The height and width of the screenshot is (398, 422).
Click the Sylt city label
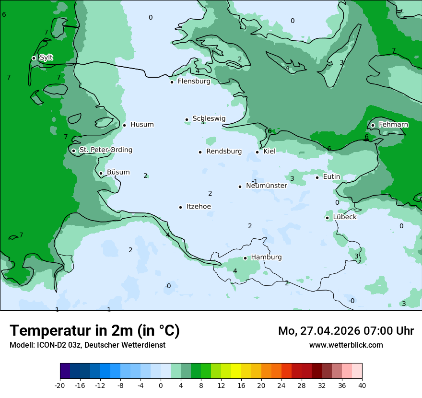(x=46, y=58)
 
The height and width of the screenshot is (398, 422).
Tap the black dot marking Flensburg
(x=172, y=82)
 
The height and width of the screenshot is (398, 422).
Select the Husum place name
(x=142, y=125)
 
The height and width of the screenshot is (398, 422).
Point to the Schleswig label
(x=209, y=118)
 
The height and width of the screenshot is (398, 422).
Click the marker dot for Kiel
(x=258, y=152)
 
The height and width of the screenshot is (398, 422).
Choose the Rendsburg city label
(x=224, y=152)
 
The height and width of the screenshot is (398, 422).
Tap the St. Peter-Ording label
(x=105, y=150)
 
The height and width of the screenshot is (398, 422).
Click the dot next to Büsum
(x=101, y=173)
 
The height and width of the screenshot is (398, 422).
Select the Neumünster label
(x=267, y=186)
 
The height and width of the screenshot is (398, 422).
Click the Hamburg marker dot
(x=245, y=258)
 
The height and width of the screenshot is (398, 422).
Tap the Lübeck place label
(x=344, y=217)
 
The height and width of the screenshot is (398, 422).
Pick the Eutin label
(x=331, y=176)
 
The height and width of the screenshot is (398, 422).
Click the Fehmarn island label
(x=393, y=125)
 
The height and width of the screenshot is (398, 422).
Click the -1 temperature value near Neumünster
(x=255, y=181)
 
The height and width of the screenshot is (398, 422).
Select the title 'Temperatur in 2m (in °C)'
(x=94, y=331)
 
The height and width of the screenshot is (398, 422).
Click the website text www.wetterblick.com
(x=346, y=345)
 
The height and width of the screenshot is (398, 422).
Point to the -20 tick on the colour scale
(x=60, y=385)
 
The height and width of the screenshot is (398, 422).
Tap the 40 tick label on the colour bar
(x=362, y=385)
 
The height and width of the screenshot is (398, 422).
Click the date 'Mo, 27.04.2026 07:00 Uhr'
(x=346, y=331)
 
